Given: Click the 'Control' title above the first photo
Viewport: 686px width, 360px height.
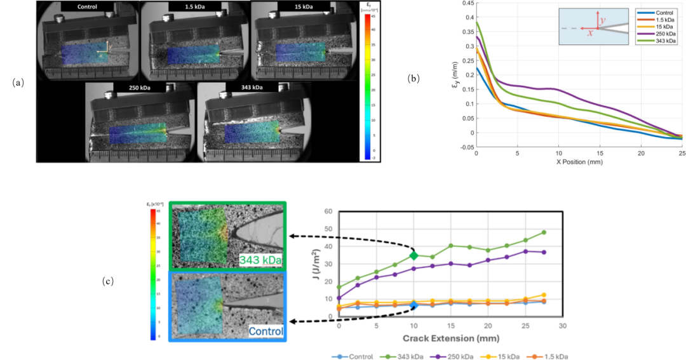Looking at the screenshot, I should click(x=89, y=7).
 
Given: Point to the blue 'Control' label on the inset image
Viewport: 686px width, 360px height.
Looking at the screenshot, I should click(x=266, y=331).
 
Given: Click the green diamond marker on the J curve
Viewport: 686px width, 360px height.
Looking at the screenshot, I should click(x=414, y=255).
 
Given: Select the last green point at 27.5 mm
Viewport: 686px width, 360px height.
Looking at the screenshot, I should click(x=544, y=232).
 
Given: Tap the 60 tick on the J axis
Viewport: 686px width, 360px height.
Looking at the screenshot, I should click(x=329, y=211).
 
